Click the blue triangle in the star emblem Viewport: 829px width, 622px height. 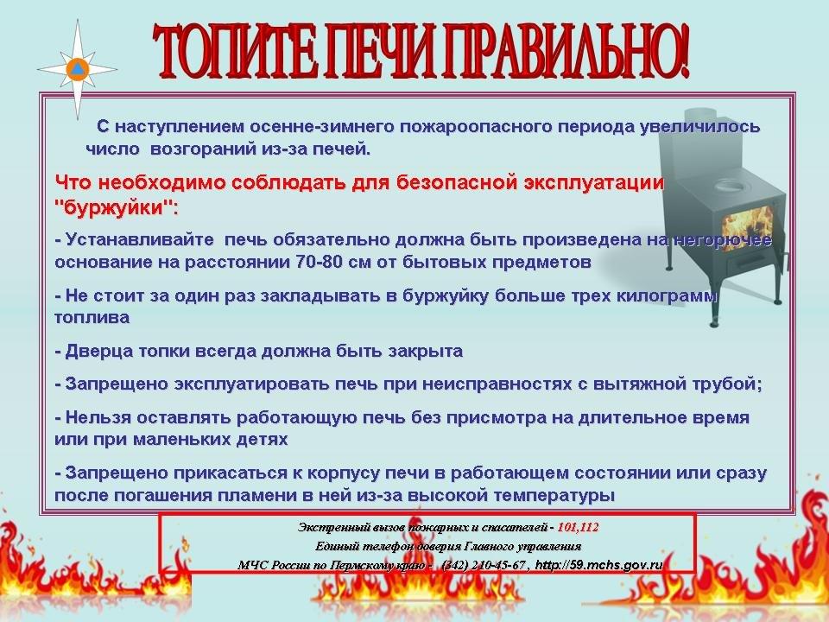point(77,69)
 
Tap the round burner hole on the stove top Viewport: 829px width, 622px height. point(728,185)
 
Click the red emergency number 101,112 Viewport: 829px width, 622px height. point(578,527)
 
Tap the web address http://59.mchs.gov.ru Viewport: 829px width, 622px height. point(599,565)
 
